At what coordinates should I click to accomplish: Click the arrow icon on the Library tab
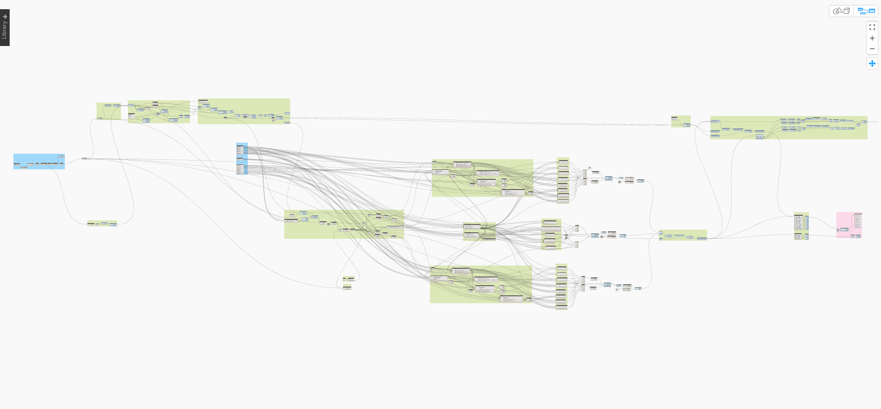[5, 17]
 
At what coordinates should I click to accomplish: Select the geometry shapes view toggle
[841, 11]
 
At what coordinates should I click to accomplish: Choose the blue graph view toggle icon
[866, 11]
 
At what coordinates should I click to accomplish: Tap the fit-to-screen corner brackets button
[872, 28]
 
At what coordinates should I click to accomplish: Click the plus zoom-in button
[872, 38]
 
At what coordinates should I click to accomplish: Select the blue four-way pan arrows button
[872, 63]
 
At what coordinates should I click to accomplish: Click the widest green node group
[789, 133]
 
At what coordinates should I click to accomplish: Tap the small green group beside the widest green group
[681, 121]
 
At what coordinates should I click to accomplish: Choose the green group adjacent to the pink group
[801, 226]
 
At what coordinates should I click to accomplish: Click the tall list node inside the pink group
[858, 220]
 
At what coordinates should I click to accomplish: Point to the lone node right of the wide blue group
[84, 158]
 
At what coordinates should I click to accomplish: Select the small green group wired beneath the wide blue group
[102, 223]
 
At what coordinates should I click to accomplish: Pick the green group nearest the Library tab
[109, 111]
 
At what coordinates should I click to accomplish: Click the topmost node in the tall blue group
[240, 145]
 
